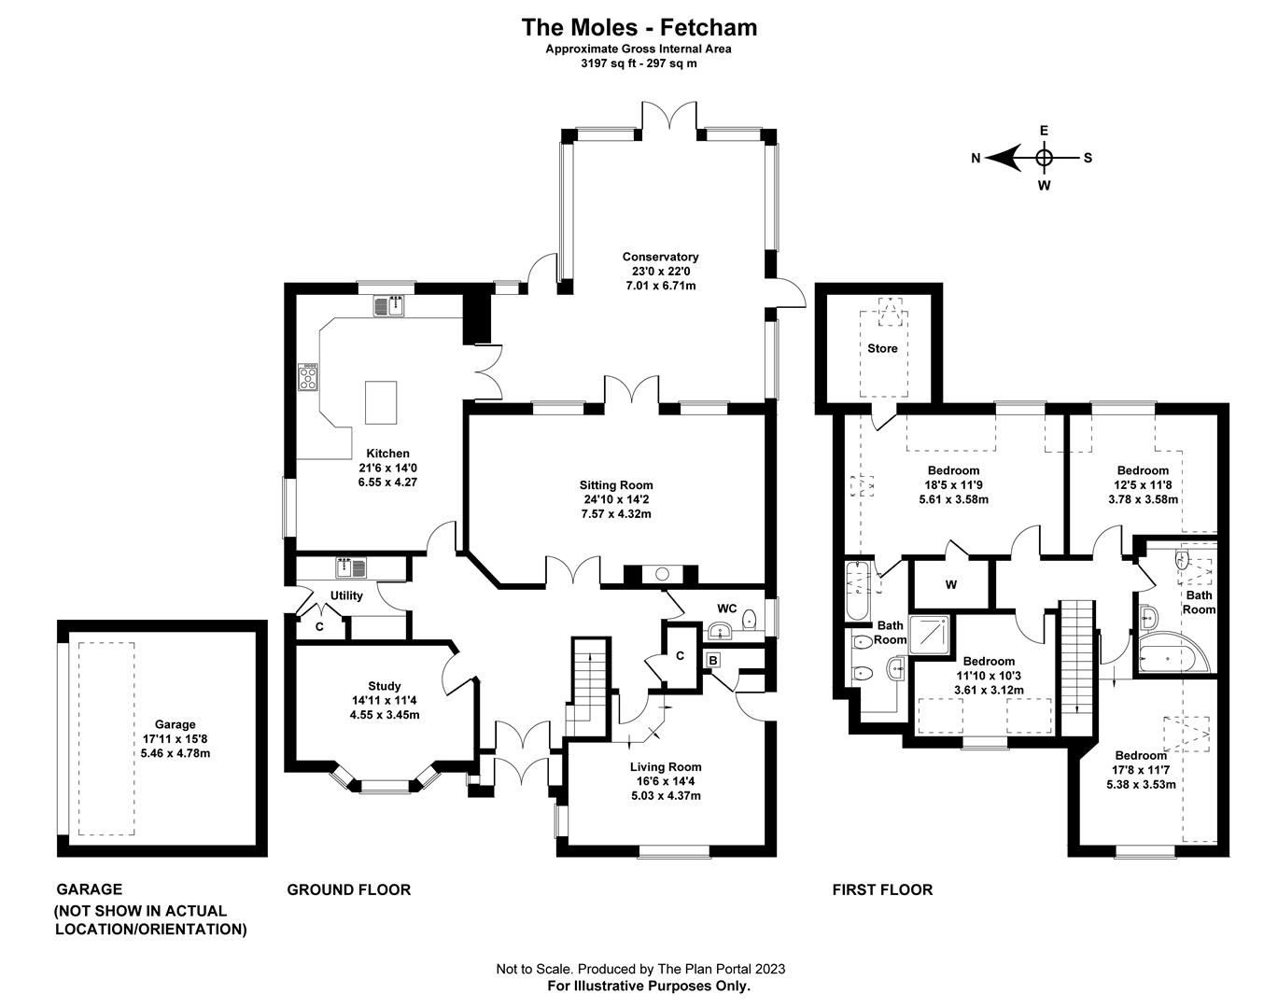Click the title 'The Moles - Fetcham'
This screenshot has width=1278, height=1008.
pos(639,27)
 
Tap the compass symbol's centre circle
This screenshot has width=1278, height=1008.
pos(1045,158)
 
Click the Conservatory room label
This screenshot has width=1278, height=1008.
pos(660,257)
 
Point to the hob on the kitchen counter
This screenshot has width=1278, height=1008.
pos(308,376)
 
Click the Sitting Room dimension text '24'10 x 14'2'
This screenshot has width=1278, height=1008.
pos(616,499)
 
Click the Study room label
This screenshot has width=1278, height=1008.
pos(384,686)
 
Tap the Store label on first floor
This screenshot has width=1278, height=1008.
pos(882,348)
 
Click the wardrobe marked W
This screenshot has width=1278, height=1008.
pos(950,585)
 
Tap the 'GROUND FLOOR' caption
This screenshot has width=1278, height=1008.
pos(348,889)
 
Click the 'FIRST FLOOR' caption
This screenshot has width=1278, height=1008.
pos(882,889)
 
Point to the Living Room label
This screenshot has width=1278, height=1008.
pos(665,767)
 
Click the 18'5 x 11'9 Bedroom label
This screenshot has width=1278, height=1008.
pos(953,470)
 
